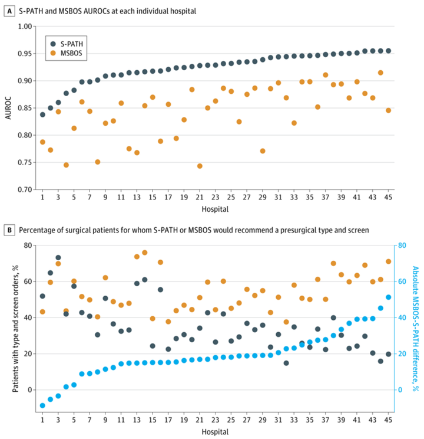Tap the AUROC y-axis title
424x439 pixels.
[x=8, y=108]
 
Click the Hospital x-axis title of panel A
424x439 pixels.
[x=215, y=209]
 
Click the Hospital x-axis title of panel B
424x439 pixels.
[x=215, y=433]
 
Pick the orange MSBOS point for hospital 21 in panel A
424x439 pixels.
[x=200, y=166]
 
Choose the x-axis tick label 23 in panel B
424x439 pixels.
[x=216, y=420]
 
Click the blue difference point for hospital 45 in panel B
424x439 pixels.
[x=388, y=297]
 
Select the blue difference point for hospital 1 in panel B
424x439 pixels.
[x=42, y=405]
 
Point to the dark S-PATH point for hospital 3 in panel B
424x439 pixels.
[x=58, y=258]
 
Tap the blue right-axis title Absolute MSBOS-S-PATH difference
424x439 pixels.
[x=415, y=328]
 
